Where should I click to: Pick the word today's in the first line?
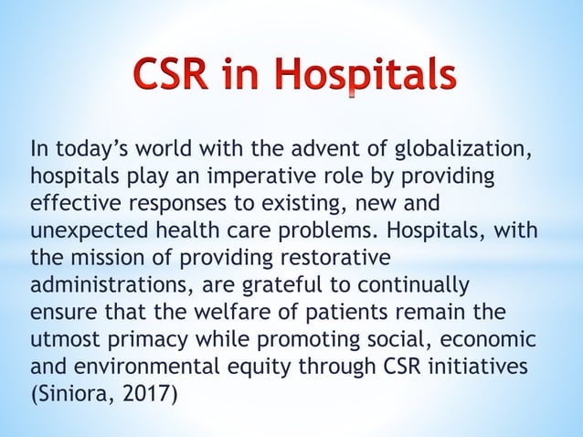[x=90, y=150]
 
